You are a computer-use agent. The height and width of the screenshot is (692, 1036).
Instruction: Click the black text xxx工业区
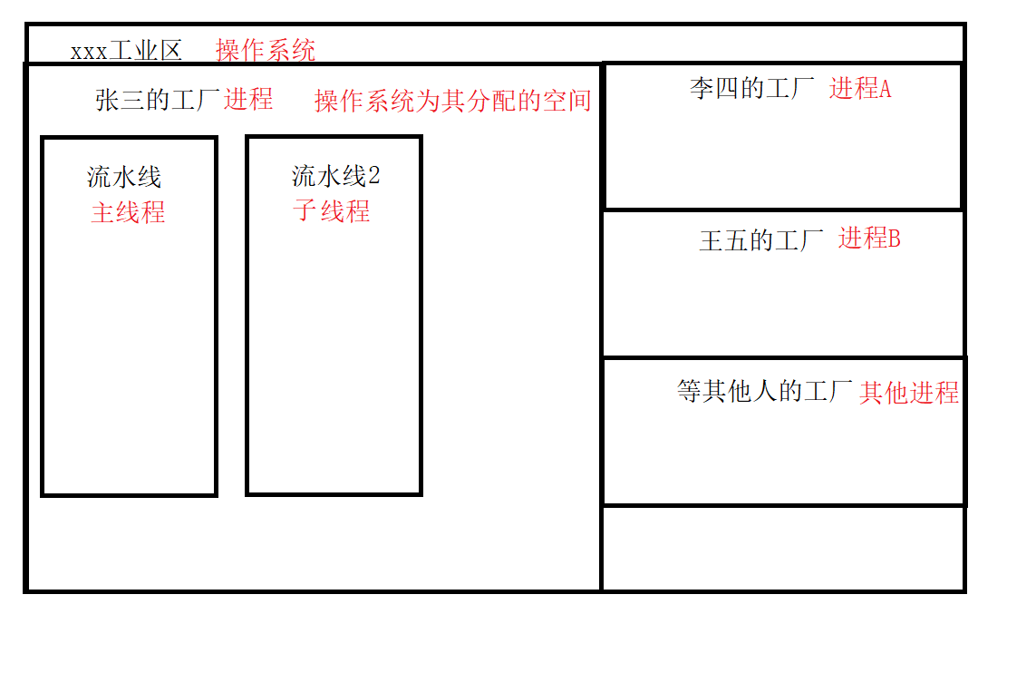tap(126, 51)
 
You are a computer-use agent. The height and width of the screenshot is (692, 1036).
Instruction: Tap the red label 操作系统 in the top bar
tap(266, 50)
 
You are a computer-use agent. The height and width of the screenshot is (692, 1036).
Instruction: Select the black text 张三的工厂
tap(158, 100)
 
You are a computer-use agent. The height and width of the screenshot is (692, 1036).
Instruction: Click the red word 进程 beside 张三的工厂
tap(248, 100)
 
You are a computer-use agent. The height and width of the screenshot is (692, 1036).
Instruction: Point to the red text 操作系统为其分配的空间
tap(452, 101)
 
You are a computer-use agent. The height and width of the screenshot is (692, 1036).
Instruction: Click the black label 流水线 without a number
tap(124, 177)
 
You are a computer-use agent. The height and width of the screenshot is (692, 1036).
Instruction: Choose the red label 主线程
tap(128, 213)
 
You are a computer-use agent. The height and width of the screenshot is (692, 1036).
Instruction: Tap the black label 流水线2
tap(335, 176)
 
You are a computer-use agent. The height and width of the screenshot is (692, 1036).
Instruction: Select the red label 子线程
tap(332, 211)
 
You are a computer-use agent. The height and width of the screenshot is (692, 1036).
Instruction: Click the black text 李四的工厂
tap(752, 89)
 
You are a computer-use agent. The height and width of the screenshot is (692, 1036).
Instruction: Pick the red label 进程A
tap(860, 89)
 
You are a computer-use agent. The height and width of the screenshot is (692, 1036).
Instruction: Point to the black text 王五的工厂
tap(761, 241)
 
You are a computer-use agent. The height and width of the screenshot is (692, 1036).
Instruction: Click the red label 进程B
tap(869, 239)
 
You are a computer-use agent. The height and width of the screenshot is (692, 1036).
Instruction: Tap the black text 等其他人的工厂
tap(765, 392)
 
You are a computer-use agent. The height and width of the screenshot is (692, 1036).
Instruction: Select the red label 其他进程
tap(909, 393)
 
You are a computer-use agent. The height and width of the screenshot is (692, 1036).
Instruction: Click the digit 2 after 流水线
tap(374, 176)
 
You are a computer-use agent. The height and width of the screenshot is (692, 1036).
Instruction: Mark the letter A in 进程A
tap(886, 89)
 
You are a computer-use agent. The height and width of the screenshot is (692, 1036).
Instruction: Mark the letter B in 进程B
tap(894, 239)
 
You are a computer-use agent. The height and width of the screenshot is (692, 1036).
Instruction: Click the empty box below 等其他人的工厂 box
tap(783, 549)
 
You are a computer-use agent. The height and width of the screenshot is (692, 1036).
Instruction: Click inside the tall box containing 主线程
tap(129, 363)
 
